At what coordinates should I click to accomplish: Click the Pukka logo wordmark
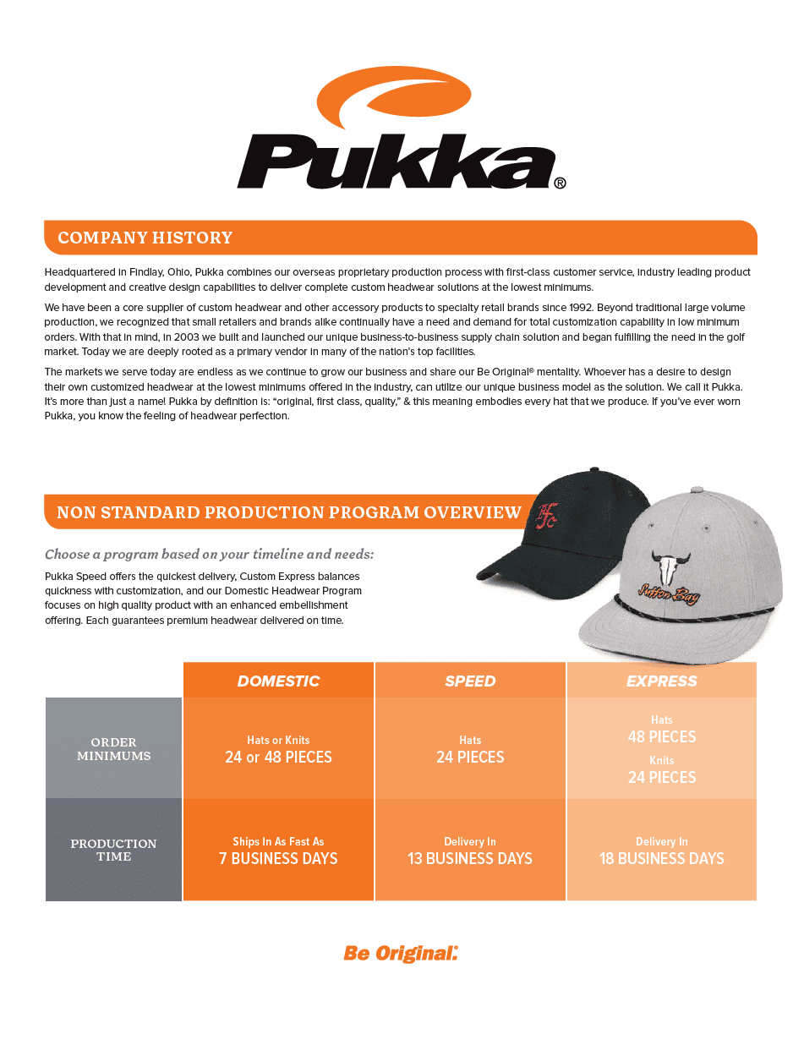395,163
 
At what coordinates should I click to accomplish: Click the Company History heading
145,238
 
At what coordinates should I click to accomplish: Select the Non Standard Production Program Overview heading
288,512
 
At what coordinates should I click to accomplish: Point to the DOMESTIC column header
278,681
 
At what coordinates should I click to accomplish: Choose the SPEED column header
470,681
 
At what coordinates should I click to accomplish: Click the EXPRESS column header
661,681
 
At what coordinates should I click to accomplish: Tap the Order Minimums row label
113,749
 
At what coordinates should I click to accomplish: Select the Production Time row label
113,850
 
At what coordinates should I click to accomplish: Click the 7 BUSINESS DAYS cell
278,858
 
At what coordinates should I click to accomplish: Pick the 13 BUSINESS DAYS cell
470,858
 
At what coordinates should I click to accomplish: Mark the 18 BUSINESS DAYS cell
661,858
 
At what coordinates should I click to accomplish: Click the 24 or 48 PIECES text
278,757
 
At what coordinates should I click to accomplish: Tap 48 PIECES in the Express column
661,736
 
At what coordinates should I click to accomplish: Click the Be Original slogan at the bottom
400,953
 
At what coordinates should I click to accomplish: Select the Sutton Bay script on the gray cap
667,594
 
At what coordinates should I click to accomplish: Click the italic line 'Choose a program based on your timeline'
209,555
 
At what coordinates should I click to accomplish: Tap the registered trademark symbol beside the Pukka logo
560,183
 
